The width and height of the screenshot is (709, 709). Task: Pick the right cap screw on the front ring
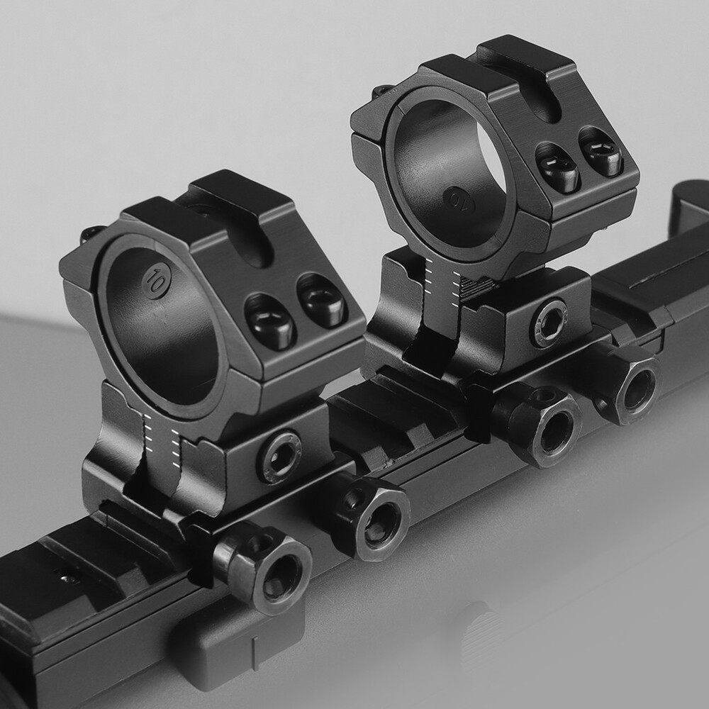coord(321,300)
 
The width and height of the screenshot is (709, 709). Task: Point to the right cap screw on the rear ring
coord(602,151)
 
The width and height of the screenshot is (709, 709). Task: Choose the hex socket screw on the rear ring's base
coord(549,323)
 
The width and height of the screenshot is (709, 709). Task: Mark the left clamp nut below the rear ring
coord(542,425)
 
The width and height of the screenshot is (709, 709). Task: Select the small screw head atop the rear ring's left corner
coord(383,91)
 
